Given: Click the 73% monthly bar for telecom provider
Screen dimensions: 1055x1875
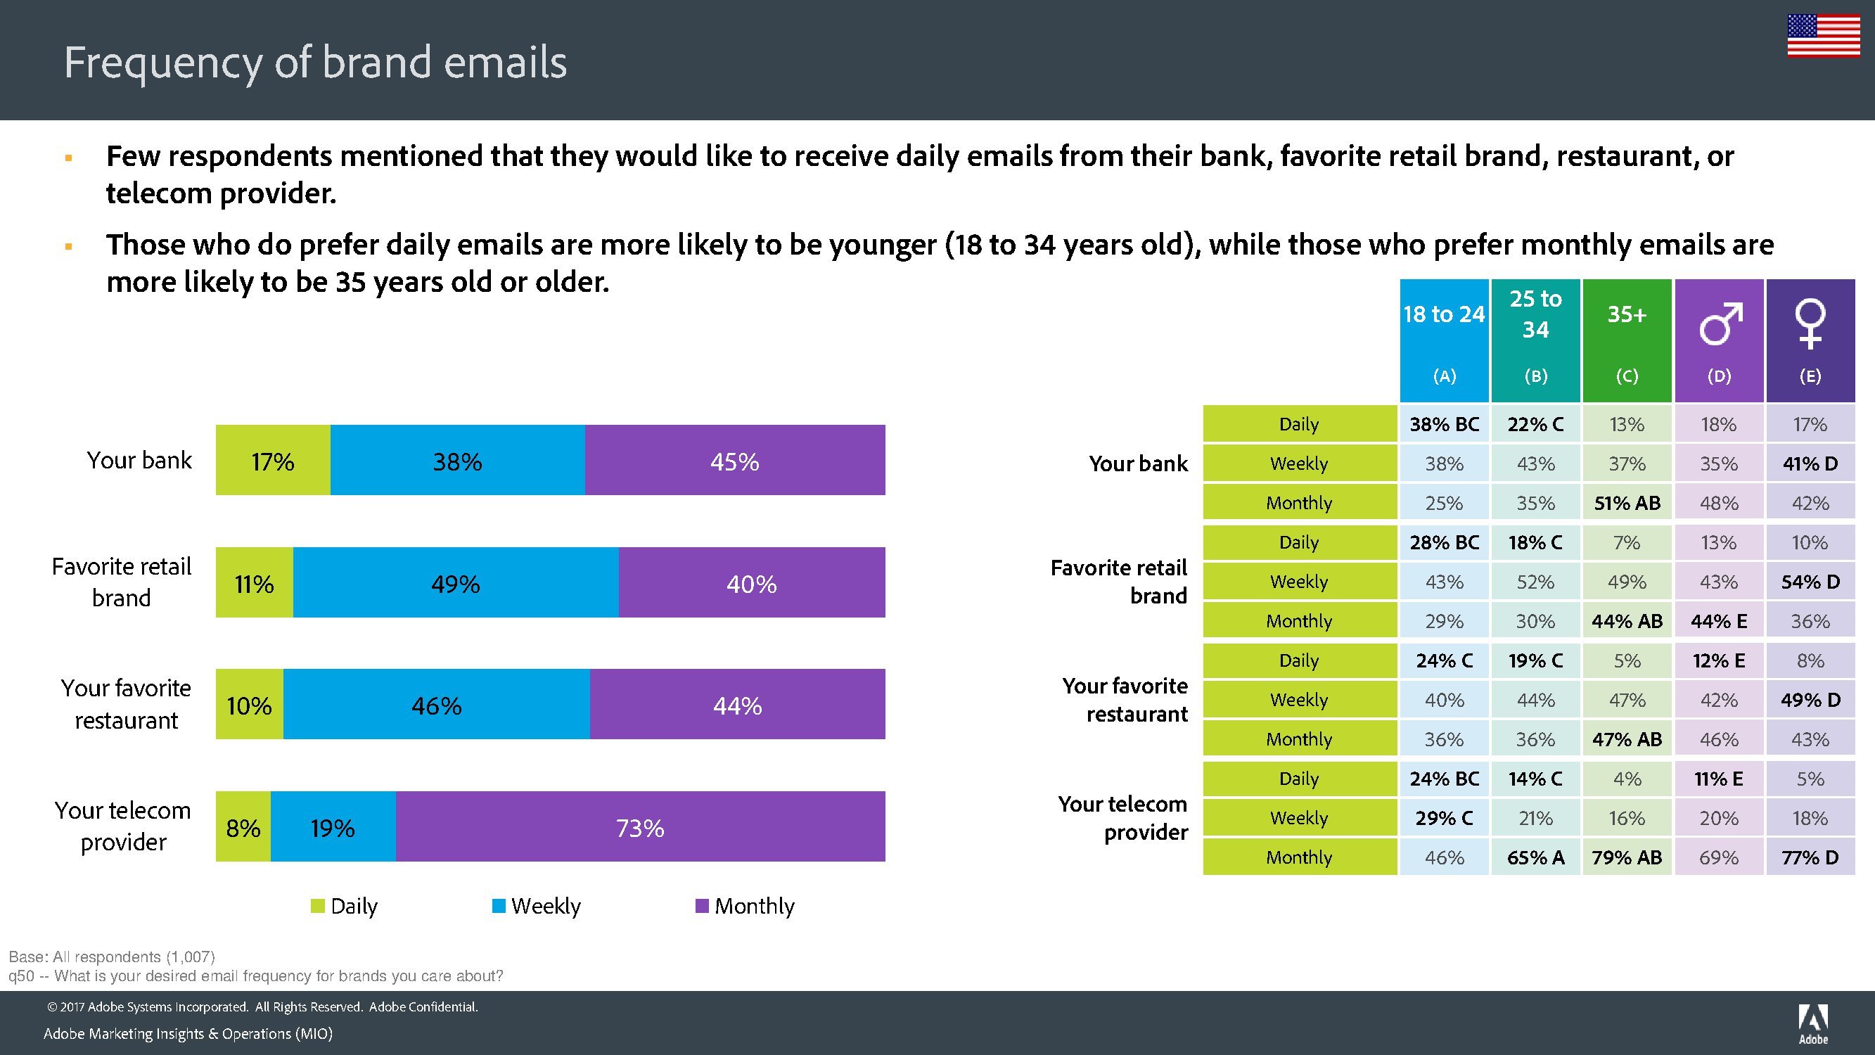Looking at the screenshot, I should coord(640,827).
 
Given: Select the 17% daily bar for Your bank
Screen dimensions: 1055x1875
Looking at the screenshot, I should coord(273,461).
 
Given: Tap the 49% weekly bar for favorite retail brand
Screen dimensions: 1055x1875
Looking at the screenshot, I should coord(456,583).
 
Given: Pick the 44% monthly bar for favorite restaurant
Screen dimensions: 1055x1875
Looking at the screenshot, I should coord(737,705).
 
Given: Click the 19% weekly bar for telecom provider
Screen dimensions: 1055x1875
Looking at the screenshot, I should coord(333,827).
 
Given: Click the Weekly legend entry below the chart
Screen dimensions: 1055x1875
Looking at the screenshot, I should coord(537,906).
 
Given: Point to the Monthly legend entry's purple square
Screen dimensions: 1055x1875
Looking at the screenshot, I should coord(703,906).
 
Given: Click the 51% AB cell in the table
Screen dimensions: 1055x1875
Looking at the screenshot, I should coord(1627,503).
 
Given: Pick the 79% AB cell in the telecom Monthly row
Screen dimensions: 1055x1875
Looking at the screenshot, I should coord(1627,857).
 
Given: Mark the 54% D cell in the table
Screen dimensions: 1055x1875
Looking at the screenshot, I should coord(1810,582).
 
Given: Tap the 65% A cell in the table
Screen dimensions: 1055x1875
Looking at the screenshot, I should coord(1536,857).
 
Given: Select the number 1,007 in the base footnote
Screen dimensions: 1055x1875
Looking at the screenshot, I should coord(190,957).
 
